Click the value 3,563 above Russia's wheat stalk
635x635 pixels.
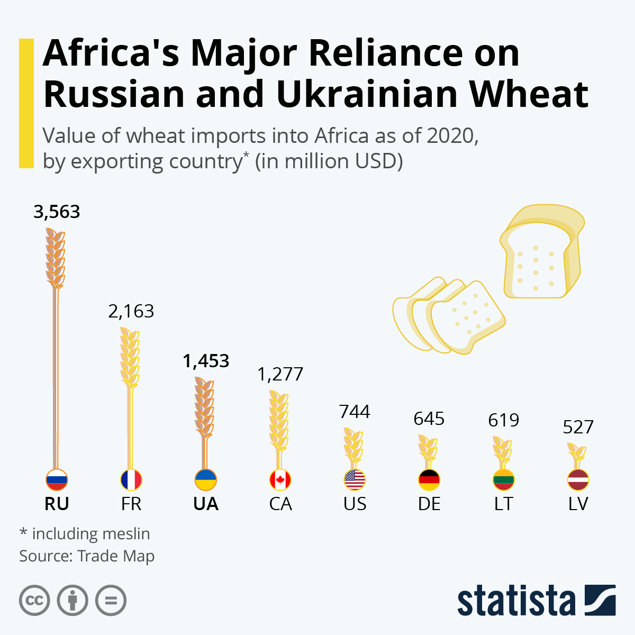(57, 212)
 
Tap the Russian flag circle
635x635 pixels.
(57, 480)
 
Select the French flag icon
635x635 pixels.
(131, 480)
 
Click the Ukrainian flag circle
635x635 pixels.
(206, 480)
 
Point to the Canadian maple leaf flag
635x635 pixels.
(280, 480)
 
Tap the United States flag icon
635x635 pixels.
(355, 480)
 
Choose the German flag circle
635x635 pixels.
(429, 480)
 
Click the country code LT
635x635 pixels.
(503, 504)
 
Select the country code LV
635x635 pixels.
(578, 504)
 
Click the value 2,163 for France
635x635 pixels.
(131, 311)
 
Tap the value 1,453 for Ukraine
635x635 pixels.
(206, 361)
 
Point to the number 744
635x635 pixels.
(355, 412)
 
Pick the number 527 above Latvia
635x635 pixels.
(578, 427)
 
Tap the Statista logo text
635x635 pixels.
(516, 601)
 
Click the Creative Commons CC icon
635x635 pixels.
(34, 601)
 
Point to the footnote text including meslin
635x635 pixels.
(85, 533)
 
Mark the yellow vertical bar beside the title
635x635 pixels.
(26, 103)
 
